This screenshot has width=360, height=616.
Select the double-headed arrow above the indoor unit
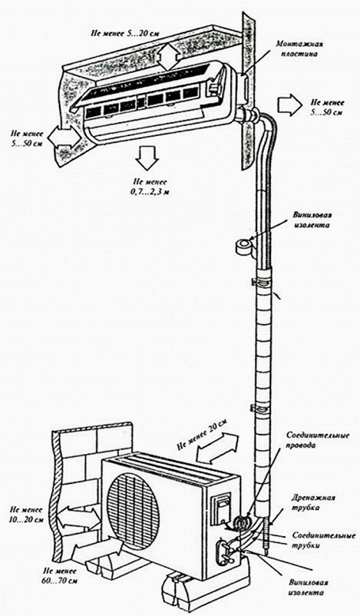pos(167,57)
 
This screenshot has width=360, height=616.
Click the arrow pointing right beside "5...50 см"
pos(289,105)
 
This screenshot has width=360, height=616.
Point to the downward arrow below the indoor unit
pos(147,159)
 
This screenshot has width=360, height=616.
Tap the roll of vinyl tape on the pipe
pos(243,247)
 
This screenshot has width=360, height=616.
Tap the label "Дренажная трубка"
pos(313,502)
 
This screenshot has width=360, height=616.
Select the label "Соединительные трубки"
pos(324,540)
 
